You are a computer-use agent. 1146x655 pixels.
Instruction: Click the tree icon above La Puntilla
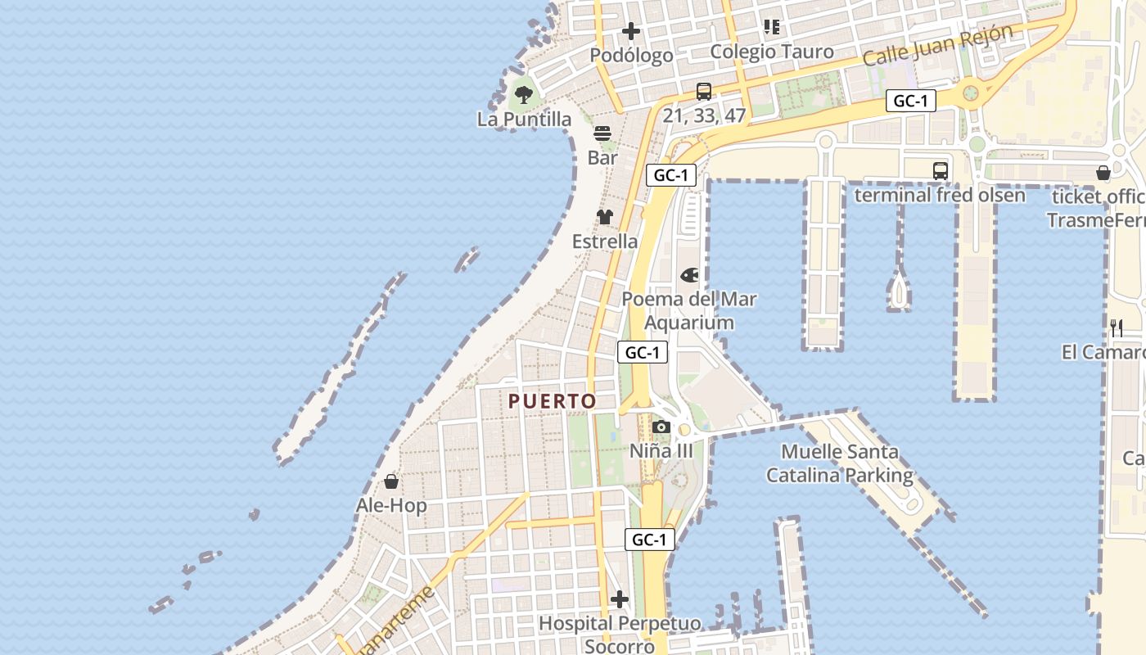524,94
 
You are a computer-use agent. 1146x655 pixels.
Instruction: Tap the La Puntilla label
524,120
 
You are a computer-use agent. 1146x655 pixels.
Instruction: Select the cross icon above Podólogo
630,32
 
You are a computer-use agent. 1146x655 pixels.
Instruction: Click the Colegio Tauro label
771,52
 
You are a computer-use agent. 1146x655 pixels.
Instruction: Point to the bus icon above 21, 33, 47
703,92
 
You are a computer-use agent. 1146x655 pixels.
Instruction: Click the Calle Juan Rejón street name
938,45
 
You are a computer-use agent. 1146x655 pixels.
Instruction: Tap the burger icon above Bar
602,133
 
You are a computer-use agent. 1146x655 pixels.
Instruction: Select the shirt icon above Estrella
604,217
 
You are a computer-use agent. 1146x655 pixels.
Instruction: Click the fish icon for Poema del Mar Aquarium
689,274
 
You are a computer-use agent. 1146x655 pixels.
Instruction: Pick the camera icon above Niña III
661,427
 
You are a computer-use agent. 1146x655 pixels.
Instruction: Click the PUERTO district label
552,401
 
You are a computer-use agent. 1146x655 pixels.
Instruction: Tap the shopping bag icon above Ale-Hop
391,481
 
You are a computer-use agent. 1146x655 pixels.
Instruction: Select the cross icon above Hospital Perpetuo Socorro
620,599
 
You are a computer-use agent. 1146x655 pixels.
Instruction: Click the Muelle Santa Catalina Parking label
839,463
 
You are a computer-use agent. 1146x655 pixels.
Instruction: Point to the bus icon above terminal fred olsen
940,170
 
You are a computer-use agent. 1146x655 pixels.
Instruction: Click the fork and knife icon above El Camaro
1117,328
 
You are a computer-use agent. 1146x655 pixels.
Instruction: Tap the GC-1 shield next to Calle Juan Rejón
910,102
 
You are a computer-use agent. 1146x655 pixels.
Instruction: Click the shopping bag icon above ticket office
1103,173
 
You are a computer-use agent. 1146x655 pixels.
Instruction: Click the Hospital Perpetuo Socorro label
620,635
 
